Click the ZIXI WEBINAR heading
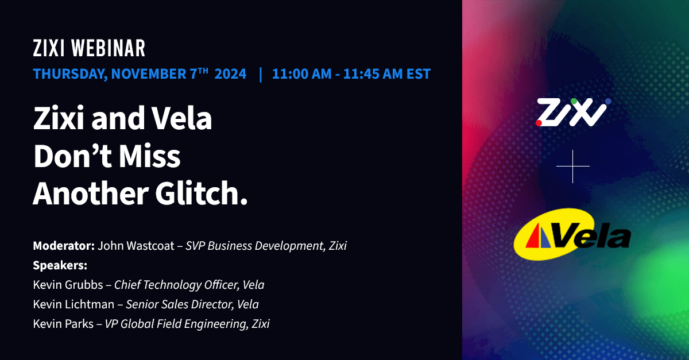[x=89, y=49]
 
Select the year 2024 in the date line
[x=230, y=74]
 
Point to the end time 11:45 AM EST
[x=387, y=74]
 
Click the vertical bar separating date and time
[x=261, y=74]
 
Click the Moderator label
[x=64, y=246]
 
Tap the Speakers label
[x=60, y=266]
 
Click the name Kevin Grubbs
[x=68, y=285]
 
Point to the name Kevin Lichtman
[x=73, y=304]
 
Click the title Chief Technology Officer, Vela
[x=189, y=285]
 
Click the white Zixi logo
[x=572, y=113]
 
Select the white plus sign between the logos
[x=573, y=167]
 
